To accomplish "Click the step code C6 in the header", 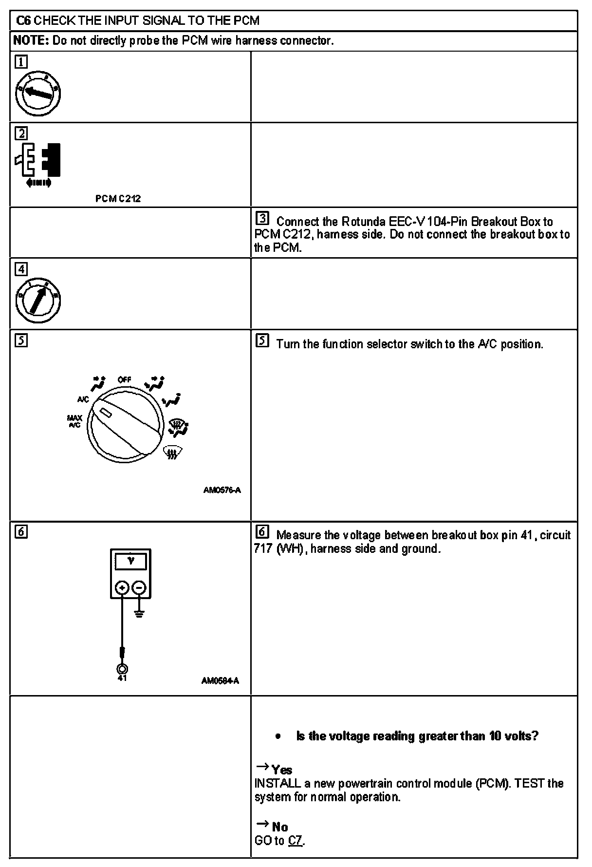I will tap(24, 20).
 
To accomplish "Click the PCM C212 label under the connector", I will tap(118, 199).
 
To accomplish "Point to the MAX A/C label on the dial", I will tap(74, 421).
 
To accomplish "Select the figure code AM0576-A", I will tap(222, 490).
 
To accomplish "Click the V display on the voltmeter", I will tap(130, 561).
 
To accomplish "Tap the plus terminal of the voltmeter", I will tap(122, 588).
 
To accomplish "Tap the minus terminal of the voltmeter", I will tap(139, 588).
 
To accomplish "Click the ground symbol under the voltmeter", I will tap(139, 613).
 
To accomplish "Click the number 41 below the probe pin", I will tap(122, 678).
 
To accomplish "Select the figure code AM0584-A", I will tap(220, 681).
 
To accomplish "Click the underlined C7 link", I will tap(296, 841).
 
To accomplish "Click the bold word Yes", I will tap(282, 770).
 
